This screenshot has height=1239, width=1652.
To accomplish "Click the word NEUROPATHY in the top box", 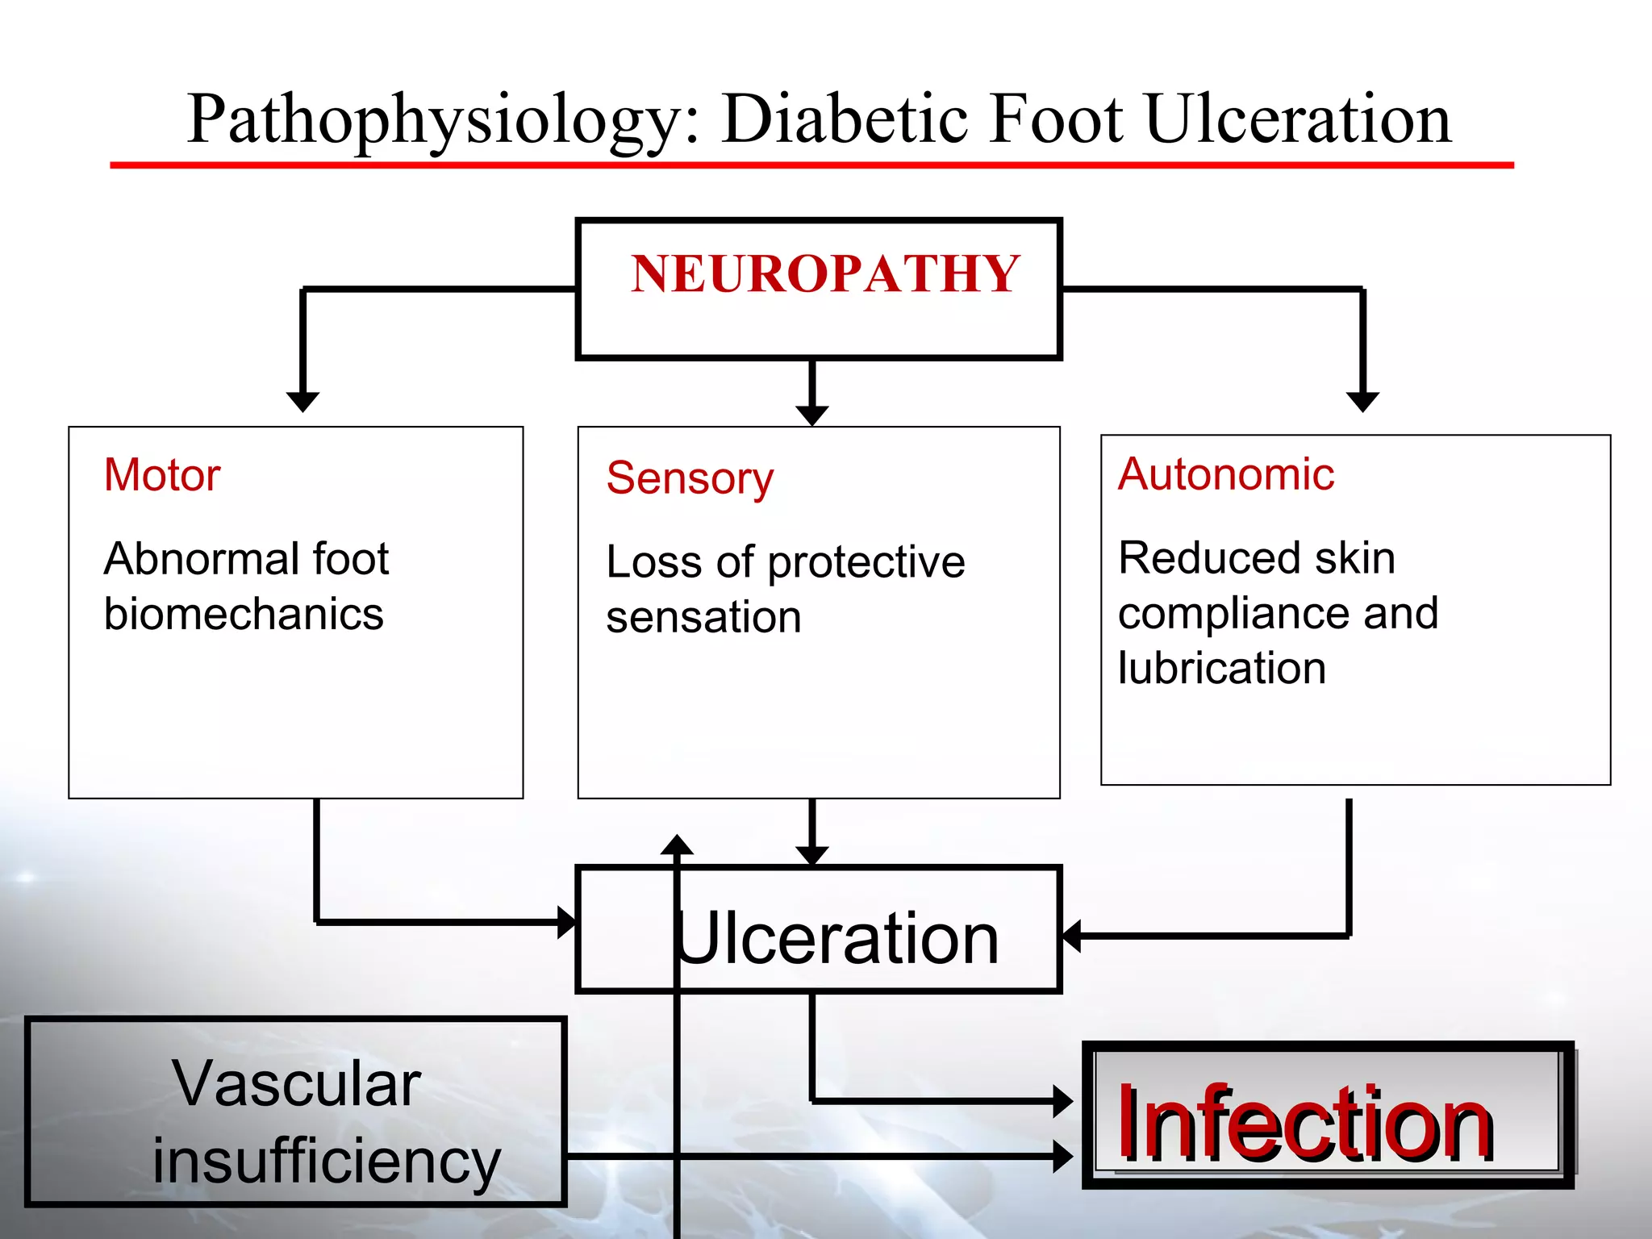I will [825, 274].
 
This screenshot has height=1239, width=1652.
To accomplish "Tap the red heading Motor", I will [162, 474].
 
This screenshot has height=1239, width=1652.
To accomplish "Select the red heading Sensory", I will [690, 478].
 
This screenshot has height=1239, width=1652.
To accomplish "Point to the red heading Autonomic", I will [1225, 473].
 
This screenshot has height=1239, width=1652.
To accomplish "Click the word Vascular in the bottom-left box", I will [296, 1083].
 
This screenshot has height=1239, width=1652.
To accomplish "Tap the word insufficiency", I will [327, 1162].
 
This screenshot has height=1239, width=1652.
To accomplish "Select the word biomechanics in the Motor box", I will [244, 615].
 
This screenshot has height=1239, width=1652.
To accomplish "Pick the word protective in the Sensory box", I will [866, 562].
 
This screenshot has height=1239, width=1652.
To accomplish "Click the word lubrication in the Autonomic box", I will [1221, 669].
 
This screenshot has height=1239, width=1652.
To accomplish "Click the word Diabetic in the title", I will [844, 119].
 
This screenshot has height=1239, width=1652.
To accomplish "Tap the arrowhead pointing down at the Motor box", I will [303, 401].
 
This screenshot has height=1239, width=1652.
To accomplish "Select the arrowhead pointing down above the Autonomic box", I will [1362, 401].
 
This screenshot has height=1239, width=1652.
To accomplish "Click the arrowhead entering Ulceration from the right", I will [1071, 937].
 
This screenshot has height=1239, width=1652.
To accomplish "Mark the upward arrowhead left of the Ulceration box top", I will [677, 845].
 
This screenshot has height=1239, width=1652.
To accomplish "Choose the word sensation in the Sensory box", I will [703, 618].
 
